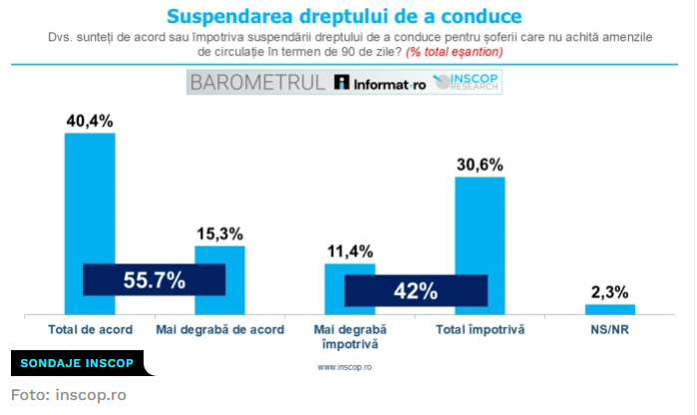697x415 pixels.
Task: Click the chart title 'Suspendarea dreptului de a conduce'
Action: pos(343,16)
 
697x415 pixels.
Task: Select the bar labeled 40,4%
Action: pos(90,200)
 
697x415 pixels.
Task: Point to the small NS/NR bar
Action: pos(609,309)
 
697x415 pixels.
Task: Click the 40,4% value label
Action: pos(90,121)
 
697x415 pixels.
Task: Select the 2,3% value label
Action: pos(609,292)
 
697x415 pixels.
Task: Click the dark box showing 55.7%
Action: pos(155,280)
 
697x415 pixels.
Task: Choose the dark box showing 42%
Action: pos(416,291)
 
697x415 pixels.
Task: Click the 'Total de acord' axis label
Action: pos(90,329)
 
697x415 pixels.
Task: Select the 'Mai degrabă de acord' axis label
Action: pos(219,329)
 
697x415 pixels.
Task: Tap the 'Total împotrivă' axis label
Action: pos(480,329)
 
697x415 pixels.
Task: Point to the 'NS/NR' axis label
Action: pos(609,329)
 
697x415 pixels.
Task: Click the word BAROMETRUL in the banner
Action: pos(256,83)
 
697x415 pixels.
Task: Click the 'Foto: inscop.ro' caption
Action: pos(69,394)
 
